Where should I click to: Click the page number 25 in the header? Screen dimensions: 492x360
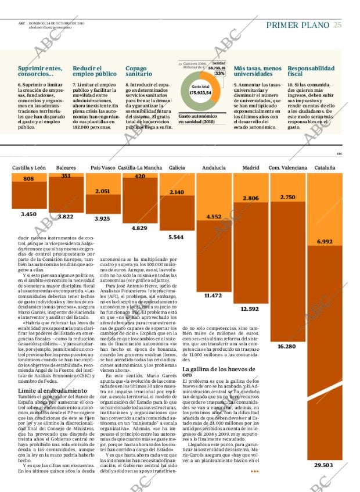click(337, 25)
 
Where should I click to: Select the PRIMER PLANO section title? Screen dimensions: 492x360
click(297, 25)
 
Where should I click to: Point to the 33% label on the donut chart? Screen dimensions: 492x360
click(219, 74)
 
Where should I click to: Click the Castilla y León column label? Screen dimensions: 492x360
click(29, 168)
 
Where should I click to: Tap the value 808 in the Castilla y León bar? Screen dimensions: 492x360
click(28, 179)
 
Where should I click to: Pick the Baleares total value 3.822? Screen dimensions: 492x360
click(66, 217)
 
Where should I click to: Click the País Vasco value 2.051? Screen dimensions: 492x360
click(103, 191)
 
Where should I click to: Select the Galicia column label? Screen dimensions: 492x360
click(177, 168)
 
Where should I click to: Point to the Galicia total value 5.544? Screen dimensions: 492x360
click(176, 237)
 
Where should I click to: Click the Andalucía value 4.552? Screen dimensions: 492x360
click(213, 217)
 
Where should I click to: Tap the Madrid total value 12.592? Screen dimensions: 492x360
click(250, 308)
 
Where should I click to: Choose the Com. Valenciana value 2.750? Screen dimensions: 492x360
click(287, 197)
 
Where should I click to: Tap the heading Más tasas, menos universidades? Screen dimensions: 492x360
click(257, 71)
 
